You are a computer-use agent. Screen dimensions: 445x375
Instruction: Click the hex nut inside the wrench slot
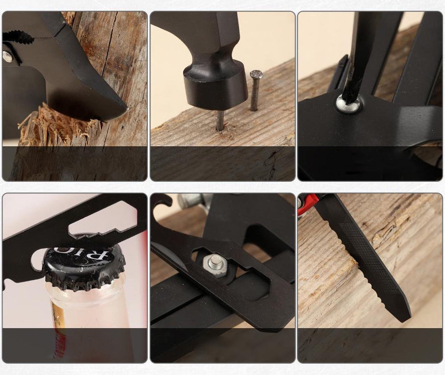point(216,265)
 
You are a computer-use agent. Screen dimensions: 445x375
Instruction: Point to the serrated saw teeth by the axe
point(18,37)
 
